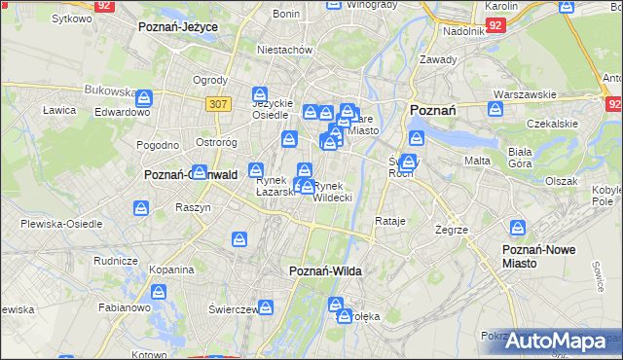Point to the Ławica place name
pos(59,110)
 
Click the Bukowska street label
pos(109,90)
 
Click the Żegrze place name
pos(453,230)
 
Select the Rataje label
pos(389,221)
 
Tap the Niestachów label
pos(283,49)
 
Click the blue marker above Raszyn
pos(142,207)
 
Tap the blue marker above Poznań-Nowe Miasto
pos(517,228)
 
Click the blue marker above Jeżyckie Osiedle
pos(260,93)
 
